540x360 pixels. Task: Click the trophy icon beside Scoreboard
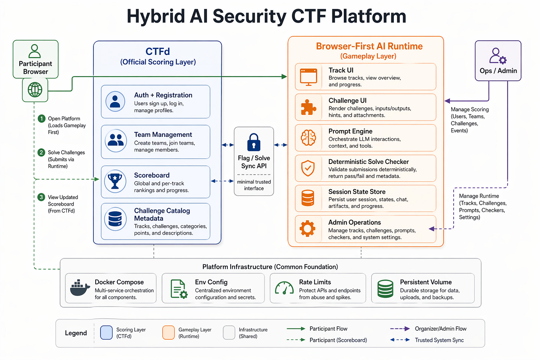[115, 182]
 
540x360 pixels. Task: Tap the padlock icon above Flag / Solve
[254, 142]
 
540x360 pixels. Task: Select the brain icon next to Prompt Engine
[308, 138]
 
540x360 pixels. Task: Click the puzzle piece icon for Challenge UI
[308, 108]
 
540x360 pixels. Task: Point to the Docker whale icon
[80, 288]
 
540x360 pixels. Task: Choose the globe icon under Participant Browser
[35, 89]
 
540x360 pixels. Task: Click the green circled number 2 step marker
[42, 152]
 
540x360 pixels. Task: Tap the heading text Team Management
[163, 135]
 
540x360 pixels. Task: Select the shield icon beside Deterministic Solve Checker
[308, 168]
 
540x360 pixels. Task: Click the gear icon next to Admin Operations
[307, 229]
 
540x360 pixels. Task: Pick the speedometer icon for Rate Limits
[284, 288]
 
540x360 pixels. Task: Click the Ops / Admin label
[498, 71]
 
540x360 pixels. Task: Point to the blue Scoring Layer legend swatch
[106, 333]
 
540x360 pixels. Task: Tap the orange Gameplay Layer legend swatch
[168, 333]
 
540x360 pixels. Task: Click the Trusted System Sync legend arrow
[400, 340]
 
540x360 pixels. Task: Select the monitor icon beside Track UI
[309, 77]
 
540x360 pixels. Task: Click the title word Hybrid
[156, 17]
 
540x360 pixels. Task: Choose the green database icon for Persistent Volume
[385, 289]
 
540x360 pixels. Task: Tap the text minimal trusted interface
[254, 185]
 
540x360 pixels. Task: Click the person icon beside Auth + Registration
[115, 102]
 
